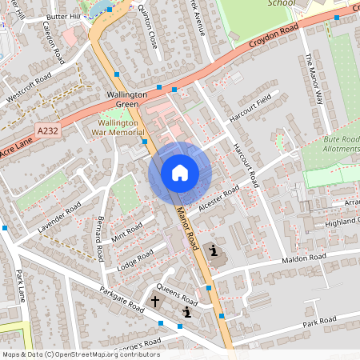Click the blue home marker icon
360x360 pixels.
[x=180, y=172]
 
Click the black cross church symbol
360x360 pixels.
[x=157, y=303]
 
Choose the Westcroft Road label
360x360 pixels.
[x=29, y=86]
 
